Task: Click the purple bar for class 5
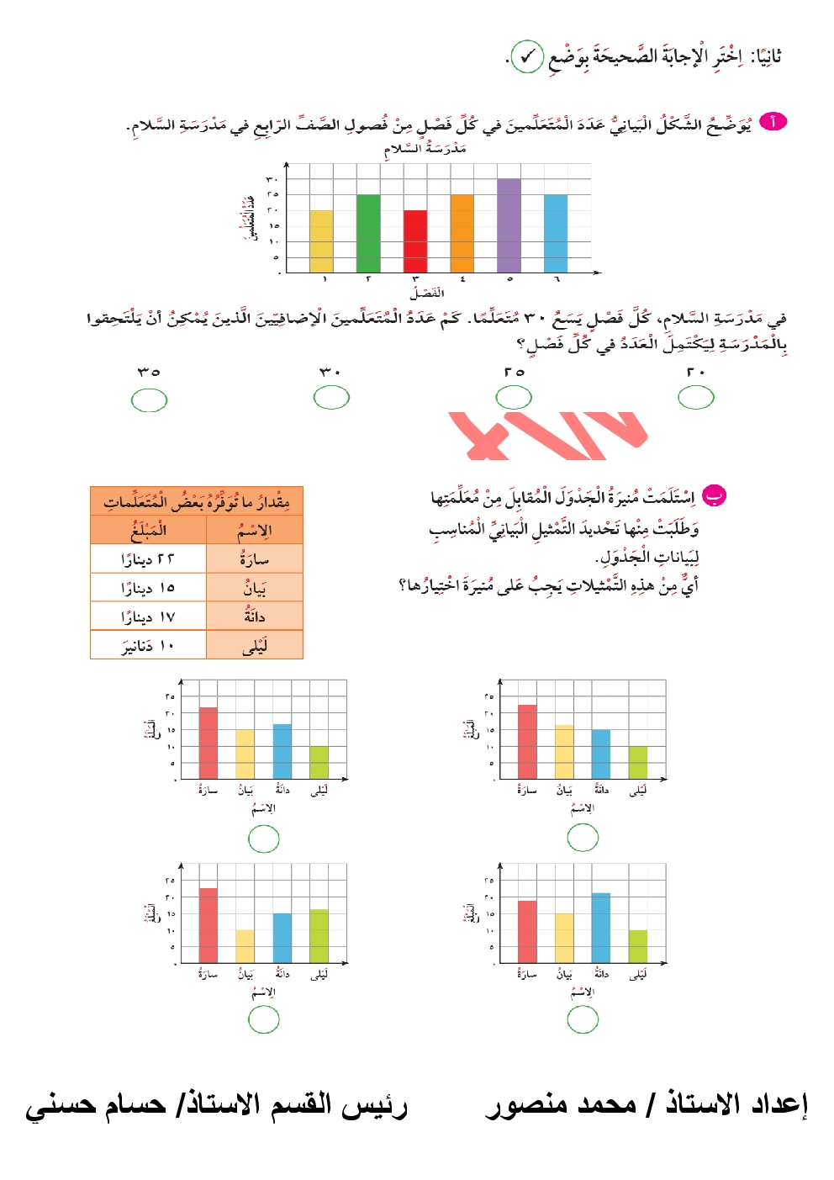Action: [509, 225]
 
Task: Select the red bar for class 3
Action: [415, 241]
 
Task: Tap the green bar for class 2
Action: [368, 233]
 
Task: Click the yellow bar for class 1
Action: [321, 241]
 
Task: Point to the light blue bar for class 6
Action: [556, 233]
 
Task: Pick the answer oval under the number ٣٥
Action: [149, 400]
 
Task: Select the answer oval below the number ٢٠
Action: [696, 397]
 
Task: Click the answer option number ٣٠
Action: [330, 371]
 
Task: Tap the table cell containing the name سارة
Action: [254, 558]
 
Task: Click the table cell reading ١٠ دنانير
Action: [148, 645]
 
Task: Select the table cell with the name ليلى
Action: [254, 645]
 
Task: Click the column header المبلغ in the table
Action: [148, 530]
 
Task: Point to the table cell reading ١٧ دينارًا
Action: [148, 616]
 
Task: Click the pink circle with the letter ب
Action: [714, 495]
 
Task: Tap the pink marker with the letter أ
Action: [773, 122]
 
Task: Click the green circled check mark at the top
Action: [527, 57]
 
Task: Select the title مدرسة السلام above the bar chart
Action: [425, 149]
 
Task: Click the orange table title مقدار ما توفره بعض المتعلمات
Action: [196, 501]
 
